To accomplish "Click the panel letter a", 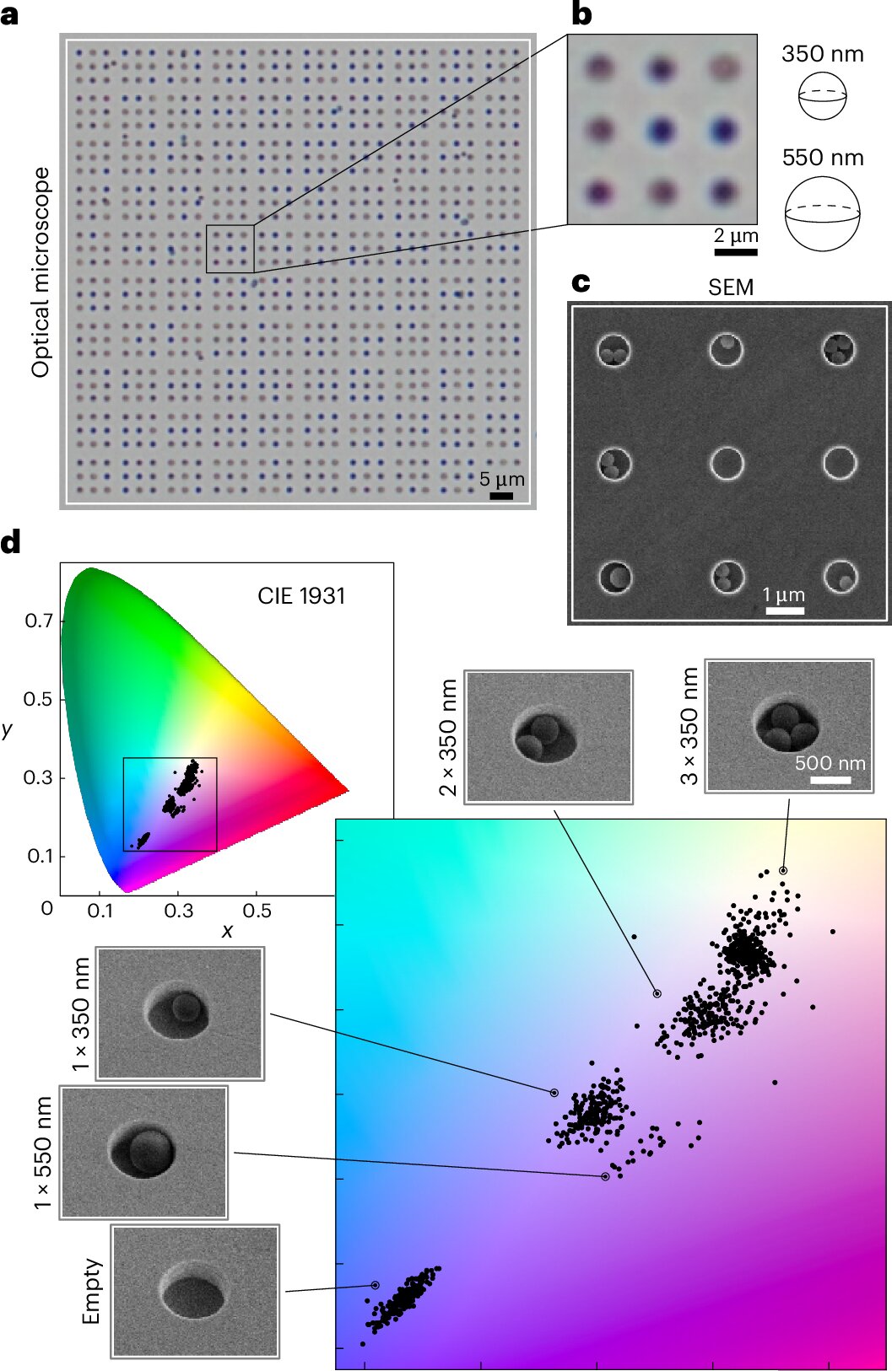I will click(10, 14).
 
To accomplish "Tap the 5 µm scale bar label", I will click(501, 479).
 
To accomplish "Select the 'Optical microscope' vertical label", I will click(41, 272).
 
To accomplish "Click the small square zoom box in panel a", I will click(230, 249).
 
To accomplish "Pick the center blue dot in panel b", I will click(662, 131).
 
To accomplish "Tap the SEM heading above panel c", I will click(730, 288).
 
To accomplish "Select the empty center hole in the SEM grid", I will click(727, 463).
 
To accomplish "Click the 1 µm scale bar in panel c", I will click(784, 610).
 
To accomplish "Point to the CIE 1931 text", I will click(301, 596).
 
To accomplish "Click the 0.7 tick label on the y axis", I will click(39, 621).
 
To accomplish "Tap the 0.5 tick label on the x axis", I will click(257, 911).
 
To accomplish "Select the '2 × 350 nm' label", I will click(448, 737).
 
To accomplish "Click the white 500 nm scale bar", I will click(830, 780).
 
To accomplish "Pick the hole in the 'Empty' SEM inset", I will click(193, 1295).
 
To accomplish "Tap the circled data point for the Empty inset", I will click(375, 1285).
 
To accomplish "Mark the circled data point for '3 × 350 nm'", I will click(783, 870).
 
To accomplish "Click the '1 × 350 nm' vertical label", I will click(81, 1013).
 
